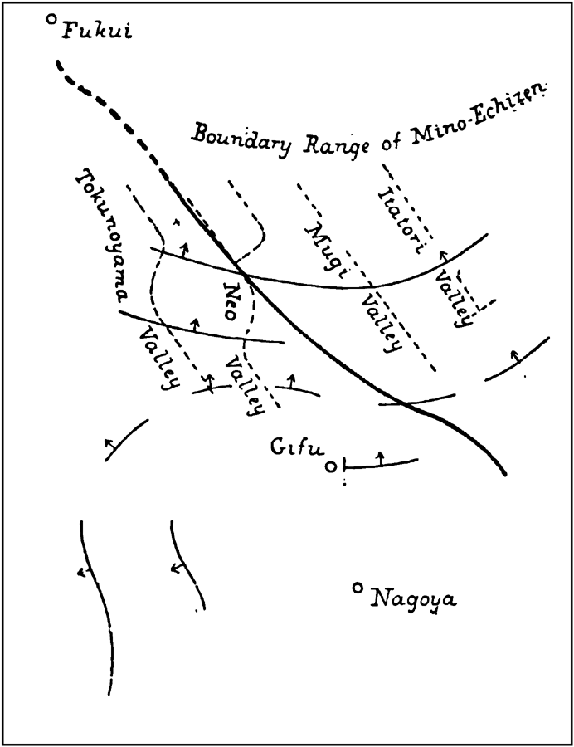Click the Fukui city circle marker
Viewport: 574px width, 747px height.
pyautogui.click(x=52, y=20)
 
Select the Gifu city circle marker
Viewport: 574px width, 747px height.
pyautogui.click(x=331, y=467)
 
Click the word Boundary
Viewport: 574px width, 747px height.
pyautogui.click(x=241, y=139)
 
